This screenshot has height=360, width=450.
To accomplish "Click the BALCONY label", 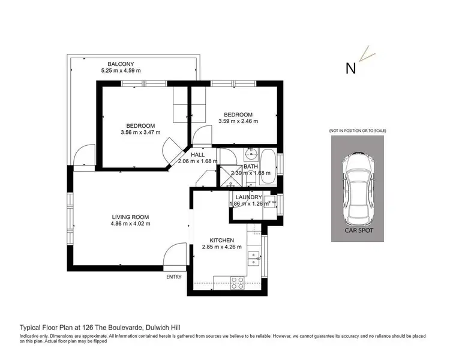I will coord(121,64).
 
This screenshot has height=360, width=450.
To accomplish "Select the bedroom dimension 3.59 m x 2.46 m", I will coord(238,121).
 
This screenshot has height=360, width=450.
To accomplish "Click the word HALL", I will coord(197,154).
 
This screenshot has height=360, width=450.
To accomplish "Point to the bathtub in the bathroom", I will coord(269,169).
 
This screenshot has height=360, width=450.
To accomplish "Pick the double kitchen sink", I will coord(253,259).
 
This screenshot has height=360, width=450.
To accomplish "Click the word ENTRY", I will coord(173,277).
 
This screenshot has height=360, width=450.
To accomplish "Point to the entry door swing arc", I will coord(176,254).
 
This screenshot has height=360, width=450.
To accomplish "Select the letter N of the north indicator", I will coord(351,68).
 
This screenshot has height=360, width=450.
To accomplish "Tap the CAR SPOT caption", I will coord(358,230).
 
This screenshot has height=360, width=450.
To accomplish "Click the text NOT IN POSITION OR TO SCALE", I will coord(358,131).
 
